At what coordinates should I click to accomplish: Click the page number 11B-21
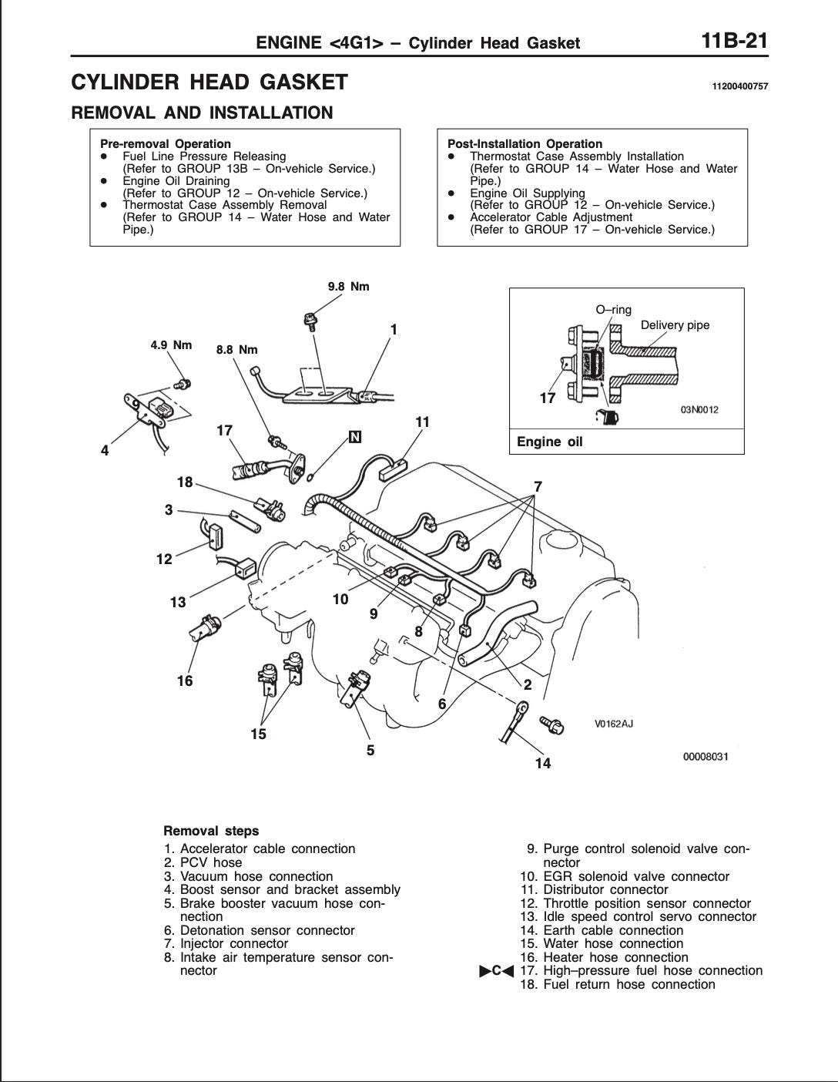point(735,40)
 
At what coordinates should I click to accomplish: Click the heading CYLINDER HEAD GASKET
point(209,82)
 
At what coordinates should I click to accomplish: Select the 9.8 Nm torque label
point(348,287)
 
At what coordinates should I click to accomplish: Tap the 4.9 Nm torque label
point(171,344)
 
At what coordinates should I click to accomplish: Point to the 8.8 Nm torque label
point(236,349)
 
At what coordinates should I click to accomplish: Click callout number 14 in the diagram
point(543,763)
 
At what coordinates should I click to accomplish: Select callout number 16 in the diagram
point(185,680)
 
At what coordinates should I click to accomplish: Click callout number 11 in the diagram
point(422,422)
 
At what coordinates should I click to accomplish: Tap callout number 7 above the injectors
point(538,486)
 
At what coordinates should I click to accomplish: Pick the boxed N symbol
point(355,438)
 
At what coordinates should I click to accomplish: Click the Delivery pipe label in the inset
point(675,325)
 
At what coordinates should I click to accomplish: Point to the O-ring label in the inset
point(613,310)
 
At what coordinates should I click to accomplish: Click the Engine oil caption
point(549,442)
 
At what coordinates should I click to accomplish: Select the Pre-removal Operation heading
point(166,143)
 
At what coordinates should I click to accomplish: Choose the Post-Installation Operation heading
point(525,143)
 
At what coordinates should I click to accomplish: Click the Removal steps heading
point(211,831)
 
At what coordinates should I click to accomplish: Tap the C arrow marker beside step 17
point(497,971)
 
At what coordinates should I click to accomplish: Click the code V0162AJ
point(613,724)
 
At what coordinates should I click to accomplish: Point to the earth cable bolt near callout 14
point(555,724)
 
